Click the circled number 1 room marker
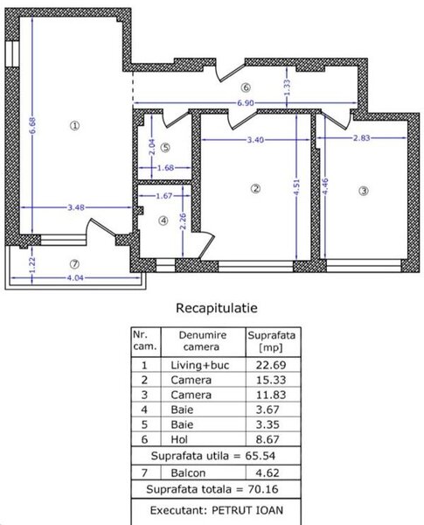point(74,125)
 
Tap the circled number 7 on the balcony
point(74,264)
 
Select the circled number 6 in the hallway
point(246,87)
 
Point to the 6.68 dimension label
point(32,125)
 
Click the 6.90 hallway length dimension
point(246,103)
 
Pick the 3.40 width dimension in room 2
point(255,140)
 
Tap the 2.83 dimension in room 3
point(361,137)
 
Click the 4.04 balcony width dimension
point(75,277)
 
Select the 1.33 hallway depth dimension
point(287,87)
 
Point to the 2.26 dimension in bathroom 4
point(183,221)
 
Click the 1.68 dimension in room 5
point(165,168)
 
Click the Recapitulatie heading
point(217,308)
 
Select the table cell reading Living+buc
point(200,365)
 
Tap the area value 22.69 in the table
point(271,365)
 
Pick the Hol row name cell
point(179,439)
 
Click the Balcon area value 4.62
point(267,472)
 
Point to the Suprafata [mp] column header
point(271,341)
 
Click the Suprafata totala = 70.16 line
point(212,489)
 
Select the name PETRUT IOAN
point(247,510)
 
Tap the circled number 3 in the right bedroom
point(364,191)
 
